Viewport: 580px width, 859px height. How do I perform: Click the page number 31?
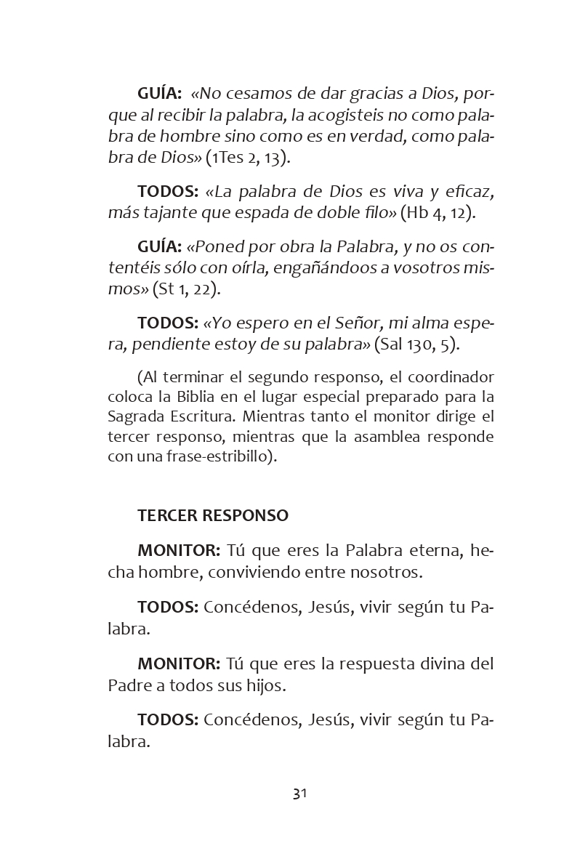pyautogui.click(x=299, y=794)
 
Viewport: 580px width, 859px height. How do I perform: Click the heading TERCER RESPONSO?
pyautogui.click(x=212, y=515)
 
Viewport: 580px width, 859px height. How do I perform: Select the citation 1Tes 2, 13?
pyautogui.click(x=247, y=158)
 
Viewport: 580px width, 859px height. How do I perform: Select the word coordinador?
pyautogui.click(x=450, y=377)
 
